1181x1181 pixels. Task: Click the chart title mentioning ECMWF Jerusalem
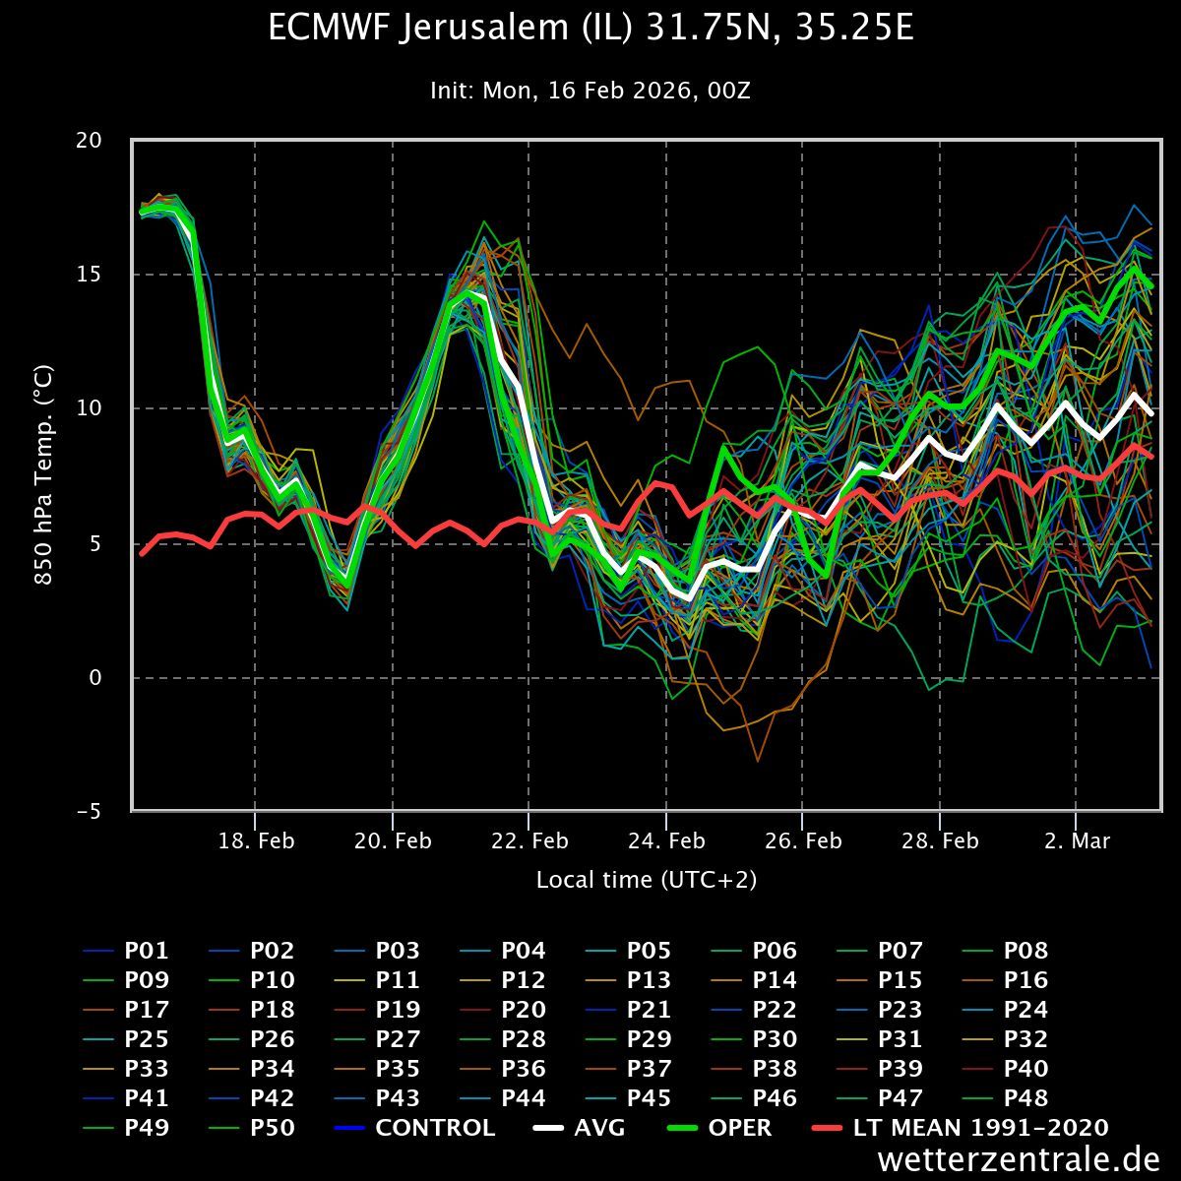point(590,29)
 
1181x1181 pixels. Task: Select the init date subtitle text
point(590,91)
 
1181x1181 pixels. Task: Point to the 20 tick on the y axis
point(89,140)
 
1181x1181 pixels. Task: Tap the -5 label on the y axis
point(89,812)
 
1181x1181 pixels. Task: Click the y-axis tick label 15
point(89,275)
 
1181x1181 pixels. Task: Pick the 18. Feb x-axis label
point(256,841)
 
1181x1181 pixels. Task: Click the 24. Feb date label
point(667,841)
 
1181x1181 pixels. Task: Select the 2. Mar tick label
point(1077,841)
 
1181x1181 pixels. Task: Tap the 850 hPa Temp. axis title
point(44,475)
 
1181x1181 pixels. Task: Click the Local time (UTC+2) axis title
point(647,880)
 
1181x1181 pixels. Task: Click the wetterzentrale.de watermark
point(1018,1159)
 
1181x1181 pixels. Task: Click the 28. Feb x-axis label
point(941,841)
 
